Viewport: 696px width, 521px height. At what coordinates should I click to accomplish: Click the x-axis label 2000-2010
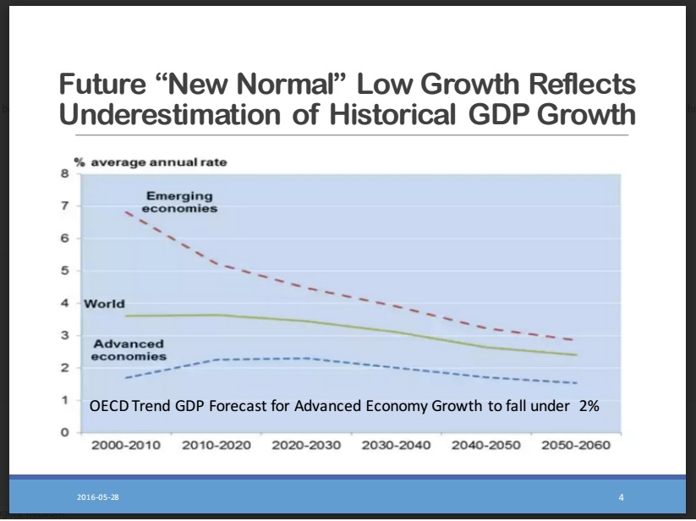click(126, 446)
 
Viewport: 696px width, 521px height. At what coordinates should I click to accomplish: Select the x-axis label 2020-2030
click(306, 446)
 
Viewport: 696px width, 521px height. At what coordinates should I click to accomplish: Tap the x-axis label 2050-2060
click(576, 446)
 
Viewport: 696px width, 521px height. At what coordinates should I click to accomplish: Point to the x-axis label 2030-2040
click(397, 446)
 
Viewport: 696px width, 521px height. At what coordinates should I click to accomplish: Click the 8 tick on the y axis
click(63, 174)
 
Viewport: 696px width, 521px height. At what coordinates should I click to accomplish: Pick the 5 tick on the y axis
click(63, 271)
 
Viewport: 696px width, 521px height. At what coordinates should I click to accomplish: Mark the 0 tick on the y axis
click(63, 432)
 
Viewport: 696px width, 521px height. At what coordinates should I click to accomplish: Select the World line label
click(104, 303)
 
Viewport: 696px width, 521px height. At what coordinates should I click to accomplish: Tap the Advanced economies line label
click(129, 350)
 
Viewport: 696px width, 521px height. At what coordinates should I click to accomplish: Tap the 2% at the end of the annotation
click(589, 406)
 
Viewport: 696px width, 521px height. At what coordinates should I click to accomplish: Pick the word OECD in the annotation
click(107, 406)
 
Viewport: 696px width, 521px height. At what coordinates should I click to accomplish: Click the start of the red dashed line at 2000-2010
click(126, 211)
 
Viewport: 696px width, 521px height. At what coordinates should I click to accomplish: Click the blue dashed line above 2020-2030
click(306, 359)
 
